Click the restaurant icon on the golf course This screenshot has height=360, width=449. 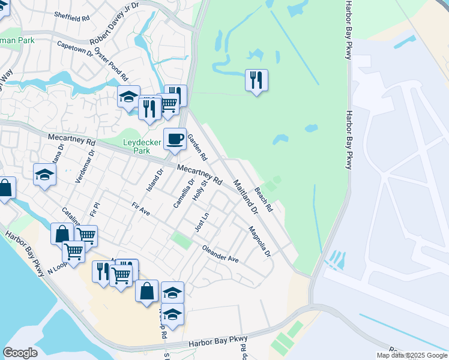[256, 80]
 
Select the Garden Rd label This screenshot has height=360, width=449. [197, 148]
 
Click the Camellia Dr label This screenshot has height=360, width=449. [184, 193]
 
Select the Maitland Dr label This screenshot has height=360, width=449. [245, 197]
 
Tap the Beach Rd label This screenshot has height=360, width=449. [264, 200]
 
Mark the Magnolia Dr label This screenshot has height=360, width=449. [259, 241]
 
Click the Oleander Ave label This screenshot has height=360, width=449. [220, 254]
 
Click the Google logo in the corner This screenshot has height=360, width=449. [20, 353]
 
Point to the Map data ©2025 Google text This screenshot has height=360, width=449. [411, 355]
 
